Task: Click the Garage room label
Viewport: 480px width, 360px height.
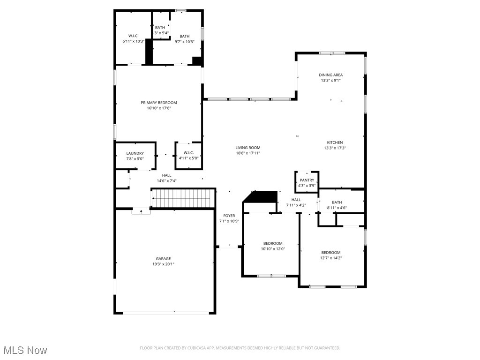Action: pos(163,259)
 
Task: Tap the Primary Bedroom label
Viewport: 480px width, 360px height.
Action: pos(159,103)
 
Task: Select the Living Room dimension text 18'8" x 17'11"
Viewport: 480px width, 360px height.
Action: pos(247,153)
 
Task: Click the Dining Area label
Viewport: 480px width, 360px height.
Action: pos(330,75)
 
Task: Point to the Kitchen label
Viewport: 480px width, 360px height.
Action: pos(335,142)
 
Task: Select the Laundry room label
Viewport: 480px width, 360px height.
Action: pos(135,153)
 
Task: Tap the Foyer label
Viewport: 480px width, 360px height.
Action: pos(229,216)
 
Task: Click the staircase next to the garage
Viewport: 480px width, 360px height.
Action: pos(183,198)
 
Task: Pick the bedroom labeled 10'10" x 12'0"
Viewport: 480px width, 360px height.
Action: pos(272,246)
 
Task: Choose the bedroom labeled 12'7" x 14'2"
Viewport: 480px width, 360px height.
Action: pos(330,255)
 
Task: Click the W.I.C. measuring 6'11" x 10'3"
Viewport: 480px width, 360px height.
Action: pos(134,38)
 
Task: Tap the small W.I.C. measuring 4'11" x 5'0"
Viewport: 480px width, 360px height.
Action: pos(188,155)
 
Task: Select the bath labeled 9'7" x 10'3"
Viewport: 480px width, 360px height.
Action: pos(184,39)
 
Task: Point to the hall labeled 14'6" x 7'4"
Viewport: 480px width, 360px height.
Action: pos(166,178)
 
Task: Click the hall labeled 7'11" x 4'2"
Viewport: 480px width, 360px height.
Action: pos(296,202)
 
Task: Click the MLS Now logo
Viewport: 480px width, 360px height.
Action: pos(25,350)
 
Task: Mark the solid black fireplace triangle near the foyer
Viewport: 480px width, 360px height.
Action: pos(261,197)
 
